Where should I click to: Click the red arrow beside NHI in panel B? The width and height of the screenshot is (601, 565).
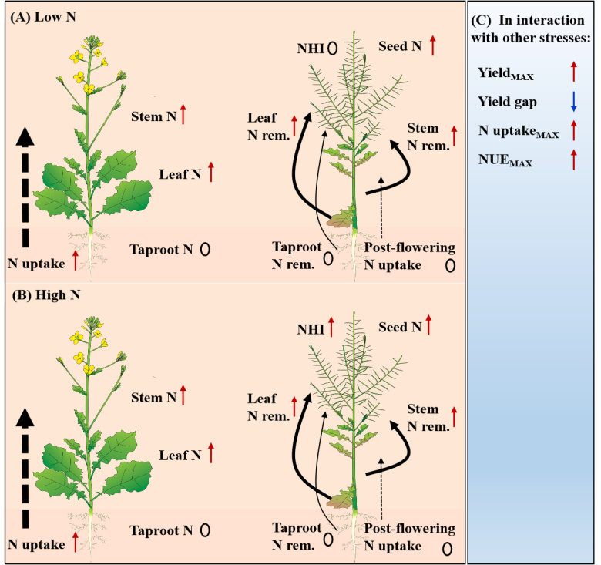[331, 328]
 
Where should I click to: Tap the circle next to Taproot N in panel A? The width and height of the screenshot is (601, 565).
[206, 250]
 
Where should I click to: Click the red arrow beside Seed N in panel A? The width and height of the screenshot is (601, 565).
[432, 46]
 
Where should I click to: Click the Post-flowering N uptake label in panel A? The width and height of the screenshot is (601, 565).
[408, 257]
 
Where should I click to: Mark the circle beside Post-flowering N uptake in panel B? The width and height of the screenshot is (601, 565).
[448, 548]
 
